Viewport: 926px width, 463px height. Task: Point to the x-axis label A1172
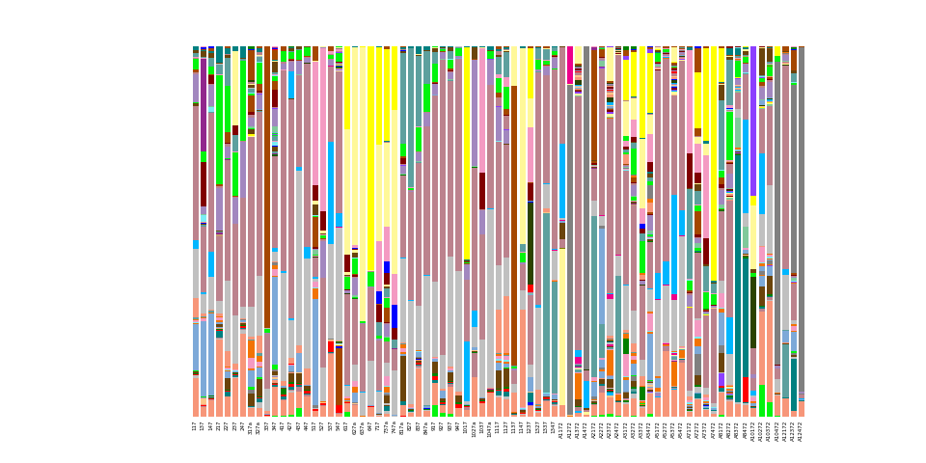click(x=562, y=429)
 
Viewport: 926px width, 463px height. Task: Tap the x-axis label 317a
click(x=251, y=428)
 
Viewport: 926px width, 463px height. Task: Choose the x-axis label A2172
click(x=594, y=429)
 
